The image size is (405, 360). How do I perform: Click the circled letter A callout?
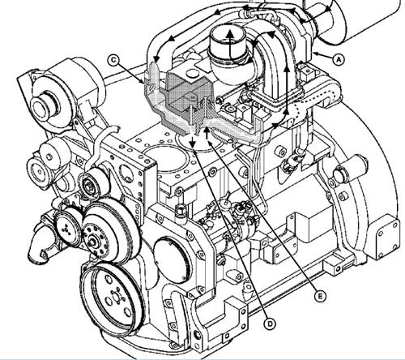pyautogui.click(x=339, y=59)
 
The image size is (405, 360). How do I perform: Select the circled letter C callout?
pyautogui.click(x=113, y=60)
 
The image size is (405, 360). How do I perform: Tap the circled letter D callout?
pyautogui.click(x=269, y=324)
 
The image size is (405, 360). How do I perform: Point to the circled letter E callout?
pyautogui.click(x=320, y=297)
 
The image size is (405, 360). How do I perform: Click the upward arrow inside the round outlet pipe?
pyautogui.click(x=230, y=44)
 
